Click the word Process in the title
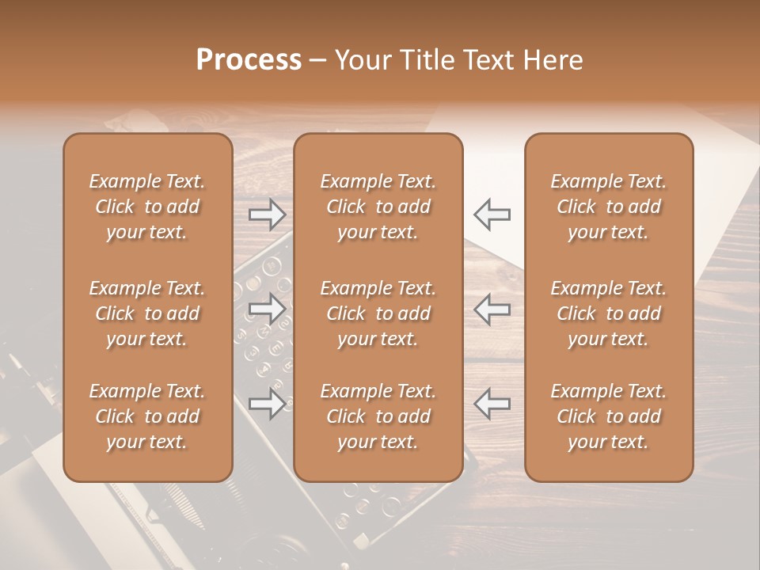[249, 60]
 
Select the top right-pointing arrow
[268, 214]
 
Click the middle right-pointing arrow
[268, 308]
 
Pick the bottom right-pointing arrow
[268, 403]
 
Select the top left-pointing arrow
[492, 214]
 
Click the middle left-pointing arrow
[492, 308]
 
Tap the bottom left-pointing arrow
[492, 403]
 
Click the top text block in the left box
[147, 207]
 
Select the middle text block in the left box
[147, 313]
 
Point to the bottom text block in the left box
[147, 416]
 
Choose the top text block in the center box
[378, 207]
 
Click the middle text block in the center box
[378, 313]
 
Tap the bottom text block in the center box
[378, 416]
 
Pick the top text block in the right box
[609, 207]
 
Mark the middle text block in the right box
[609, 313]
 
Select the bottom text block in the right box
[609, 416]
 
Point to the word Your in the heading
[363, 60]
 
